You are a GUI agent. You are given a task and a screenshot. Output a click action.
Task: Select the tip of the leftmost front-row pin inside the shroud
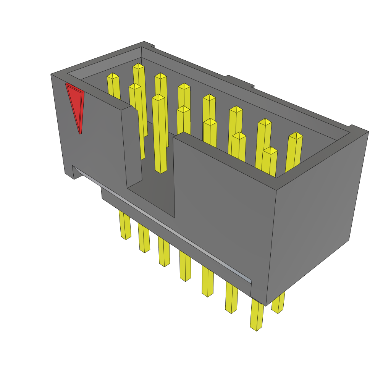[x=135, y=86]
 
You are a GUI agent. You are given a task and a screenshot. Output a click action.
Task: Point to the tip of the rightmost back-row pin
[x=296, y=136]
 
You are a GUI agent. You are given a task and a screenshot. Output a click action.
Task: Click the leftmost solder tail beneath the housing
[x=125, y=225]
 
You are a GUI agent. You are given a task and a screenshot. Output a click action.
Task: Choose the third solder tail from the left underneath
[x=164, y=252]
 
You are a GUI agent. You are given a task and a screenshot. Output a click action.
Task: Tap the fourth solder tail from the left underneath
[x=185, y=267]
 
